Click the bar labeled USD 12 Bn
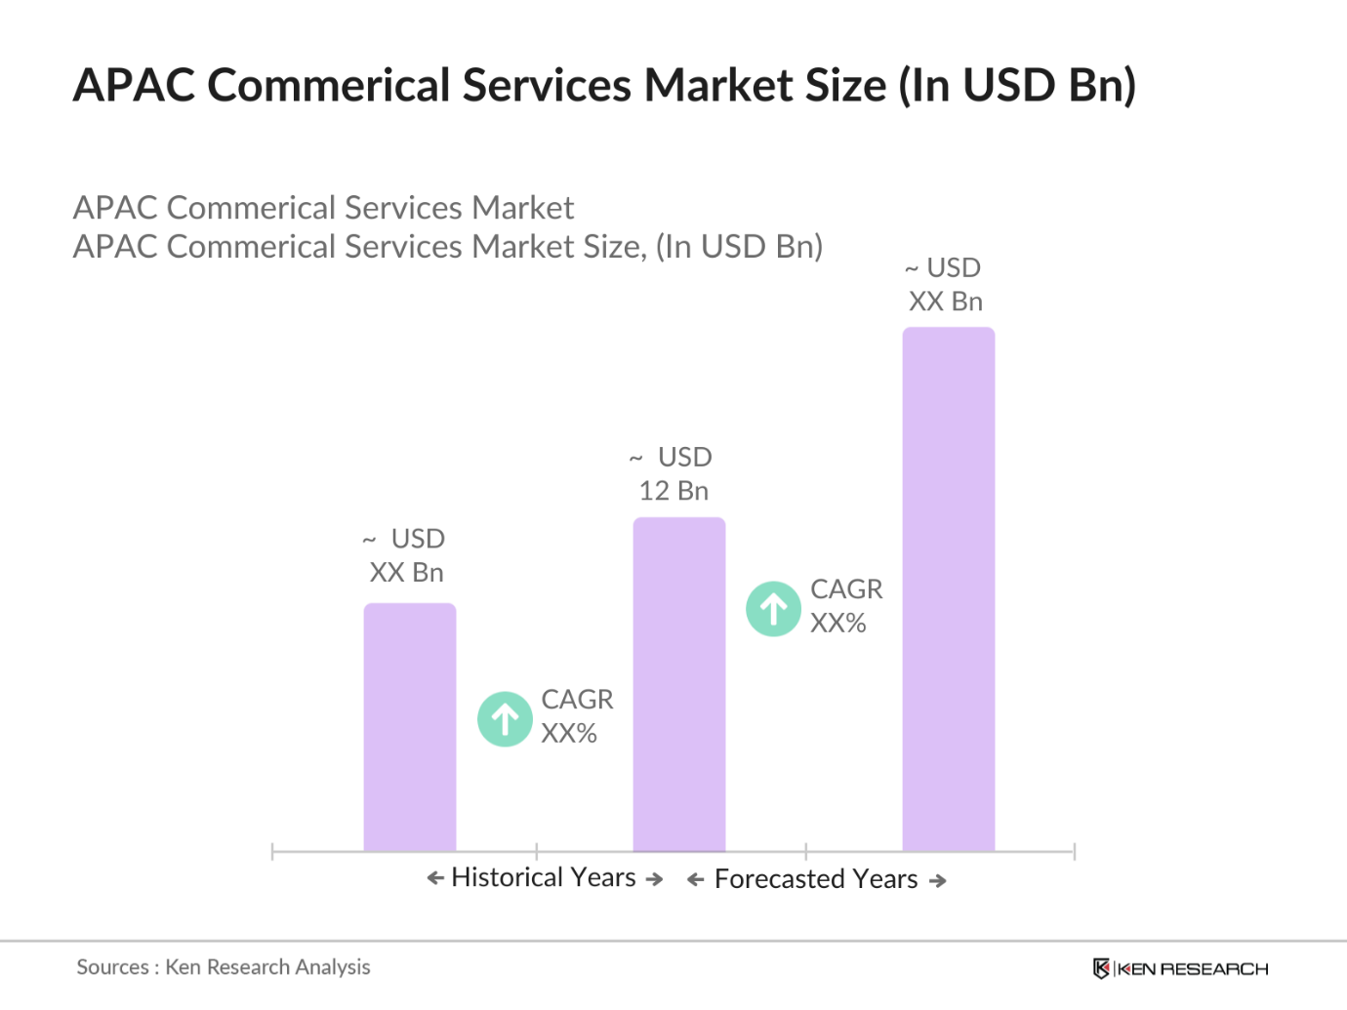tap(679, 683)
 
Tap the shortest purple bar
tap(410, 727)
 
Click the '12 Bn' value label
tap(673, 491)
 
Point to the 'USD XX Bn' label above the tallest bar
tap(945, 285)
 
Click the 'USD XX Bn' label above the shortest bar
tap(406, 555)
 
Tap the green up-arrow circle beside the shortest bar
tap(505, 719)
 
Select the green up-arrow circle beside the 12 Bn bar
tap(773, 609)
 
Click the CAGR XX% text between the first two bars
tap(577, 716)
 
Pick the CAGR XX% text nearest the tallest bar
tap(845, 606)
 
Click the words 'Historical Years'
tap(544, 877)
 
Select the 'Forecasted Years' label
tap(816, 879)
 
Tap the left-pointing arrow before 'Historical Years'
tap(435, 878)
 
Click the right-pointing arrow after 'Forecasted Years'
tap(938, 880)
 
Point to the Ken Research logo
tap(1180, 968)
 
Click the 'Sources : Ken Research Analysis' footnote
tap(224, 967)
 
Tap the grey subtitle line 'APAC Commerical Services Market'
tap(323, 208)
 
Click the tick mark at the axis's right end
tap(1074, 852)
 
